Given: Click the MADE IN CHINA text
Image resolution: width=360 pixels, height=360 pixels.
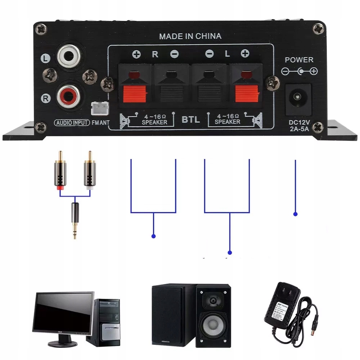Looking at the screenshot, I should point(190,36).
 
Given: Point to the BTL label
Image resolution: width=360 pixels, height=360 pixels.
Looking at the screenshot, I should point(191,120).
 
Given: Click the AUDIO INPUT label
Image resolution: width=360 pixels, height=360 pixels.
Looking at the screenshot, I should point(72,122).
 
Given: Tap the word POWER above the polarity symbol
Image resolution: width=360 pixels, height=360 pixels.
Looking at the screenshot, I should point(299,60).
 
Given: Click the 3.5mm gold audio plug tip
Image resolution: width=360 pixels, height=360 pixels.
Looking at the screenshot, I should point(75,230).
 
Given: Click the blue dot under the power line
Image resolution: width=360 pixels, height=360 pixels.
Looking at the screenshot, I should point(296,214).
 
